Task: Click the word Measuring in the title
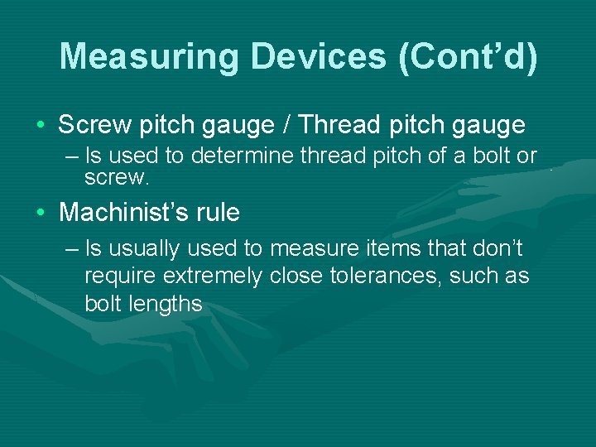(x=149, y=57)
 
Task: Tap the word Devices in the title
(x=317, y=57)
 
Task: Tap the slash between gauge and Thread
(x=287, y=125)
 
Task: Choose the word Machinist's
(x=125, y=213)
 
